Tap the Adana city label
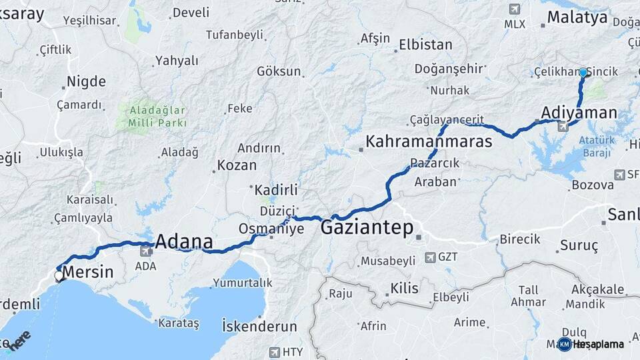coord(184,241)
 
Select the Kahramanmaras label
coord(429,141)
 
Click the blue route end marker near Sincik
coord(583,72)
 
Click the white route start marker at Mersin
coord(59,275)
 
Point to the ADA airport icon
coord(145,251)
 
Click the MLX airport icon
coord(514,9)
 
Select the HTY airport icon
coord(274,352)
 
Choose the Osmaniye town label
coord(271,229)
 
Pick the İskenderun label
coord(259,326)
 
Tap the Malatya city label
coord(577,17)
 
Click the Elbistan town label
coord(425,45)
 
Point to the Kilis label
coord(404,288)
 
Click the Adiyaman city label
coord(579,113)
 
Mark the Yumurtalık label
coord(243,283)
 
